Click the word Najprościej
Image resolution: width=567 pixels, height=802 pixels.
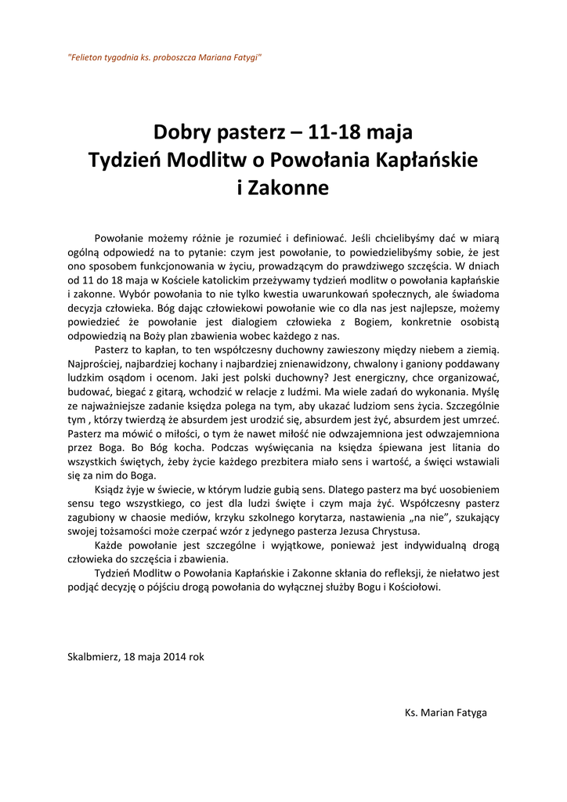click(95, 364)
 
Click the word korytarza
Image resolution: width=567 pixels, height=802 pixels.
click(275, 519)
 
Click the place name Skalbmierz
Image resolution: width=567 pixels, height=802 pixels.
click(93, 657)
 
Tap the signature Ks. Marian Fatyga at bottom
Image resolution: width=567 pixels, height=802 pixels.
click(446, 713)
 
